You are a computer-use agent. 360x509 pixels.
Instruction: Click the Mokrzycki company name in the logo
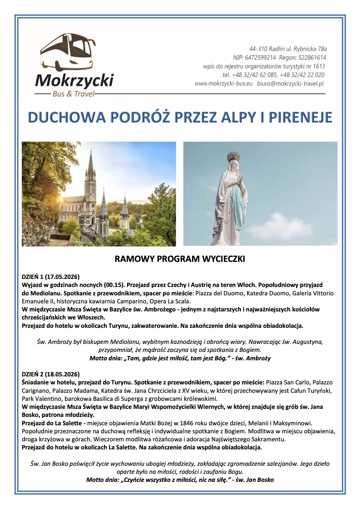[74, 81]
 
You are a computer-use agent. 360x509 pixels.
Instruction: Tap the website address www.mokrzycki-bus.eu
[223, 84]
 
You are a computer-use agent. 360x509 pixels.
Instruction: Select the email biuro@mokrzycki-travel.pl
[290, 84]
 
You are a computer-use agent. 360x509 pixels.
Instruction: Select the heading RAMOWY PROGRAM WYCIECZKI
[180, 259]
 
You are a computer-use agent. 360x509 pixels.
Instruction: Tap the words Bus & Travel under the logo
[73, 94]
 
